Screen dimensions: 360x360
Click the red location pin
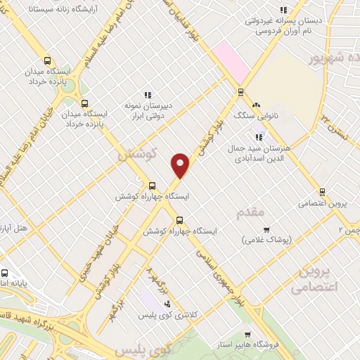coord(181,165)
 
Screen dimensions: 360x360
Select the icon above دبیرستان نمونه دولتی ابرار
coord(148,95)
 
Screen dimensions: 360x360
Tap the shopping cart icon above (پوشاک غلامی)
coord(266,229)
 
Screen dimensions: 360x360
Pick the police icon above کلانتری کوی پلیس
coord(167,304)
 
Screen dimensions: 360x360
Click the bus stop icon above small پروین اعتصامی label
coord(322,191)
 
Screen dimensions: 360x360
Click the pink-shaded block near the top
coord(232,59)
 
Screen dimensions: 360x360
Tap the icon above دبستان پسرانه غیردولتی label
coord(283,10)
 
